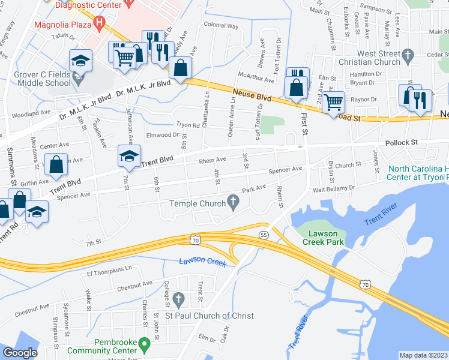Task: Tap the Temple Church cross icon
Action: (x=235, y=203)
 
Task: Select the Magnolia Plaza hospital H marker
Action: (x=100, y=25)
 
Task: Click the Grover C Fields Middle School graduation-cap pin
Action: (x=79, y=60)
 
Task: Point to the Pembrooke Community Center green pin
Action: (x=143, y=344)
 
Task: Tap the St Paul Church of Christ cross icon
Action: (x=178, y=299)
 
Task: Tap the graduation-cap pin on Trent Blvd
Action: (x=129, y=157)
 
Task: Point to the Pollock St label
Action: (x=401, y=143)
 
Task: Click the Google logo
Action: (x=20, y=353)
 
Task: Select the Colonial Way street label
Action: (x=221, y=26)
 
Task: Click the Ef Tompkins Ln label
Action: (x=109, y=272)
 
